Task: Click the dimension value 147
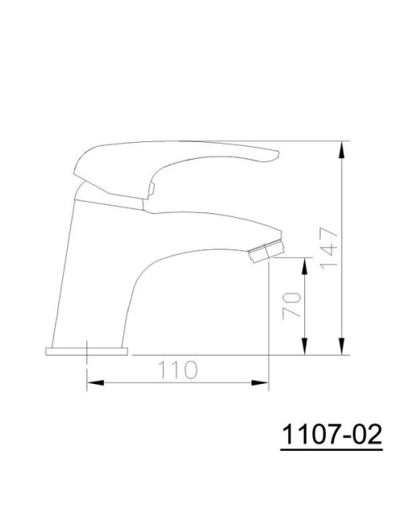coord(329,248)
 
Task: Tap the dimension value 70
coord(291,306)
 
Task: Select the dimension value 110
coord(177,370)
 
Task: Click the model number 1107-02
coord(331,434)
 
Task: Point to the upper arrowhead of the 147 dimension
coord(343,150)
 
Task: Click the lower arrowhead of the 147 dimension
coord(343,346)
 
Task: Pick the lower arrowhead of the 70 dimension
coord(305,346)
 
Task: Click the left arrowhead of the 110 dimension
coord(96,382)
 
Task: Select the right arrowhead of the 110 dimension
coord(259,382)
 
